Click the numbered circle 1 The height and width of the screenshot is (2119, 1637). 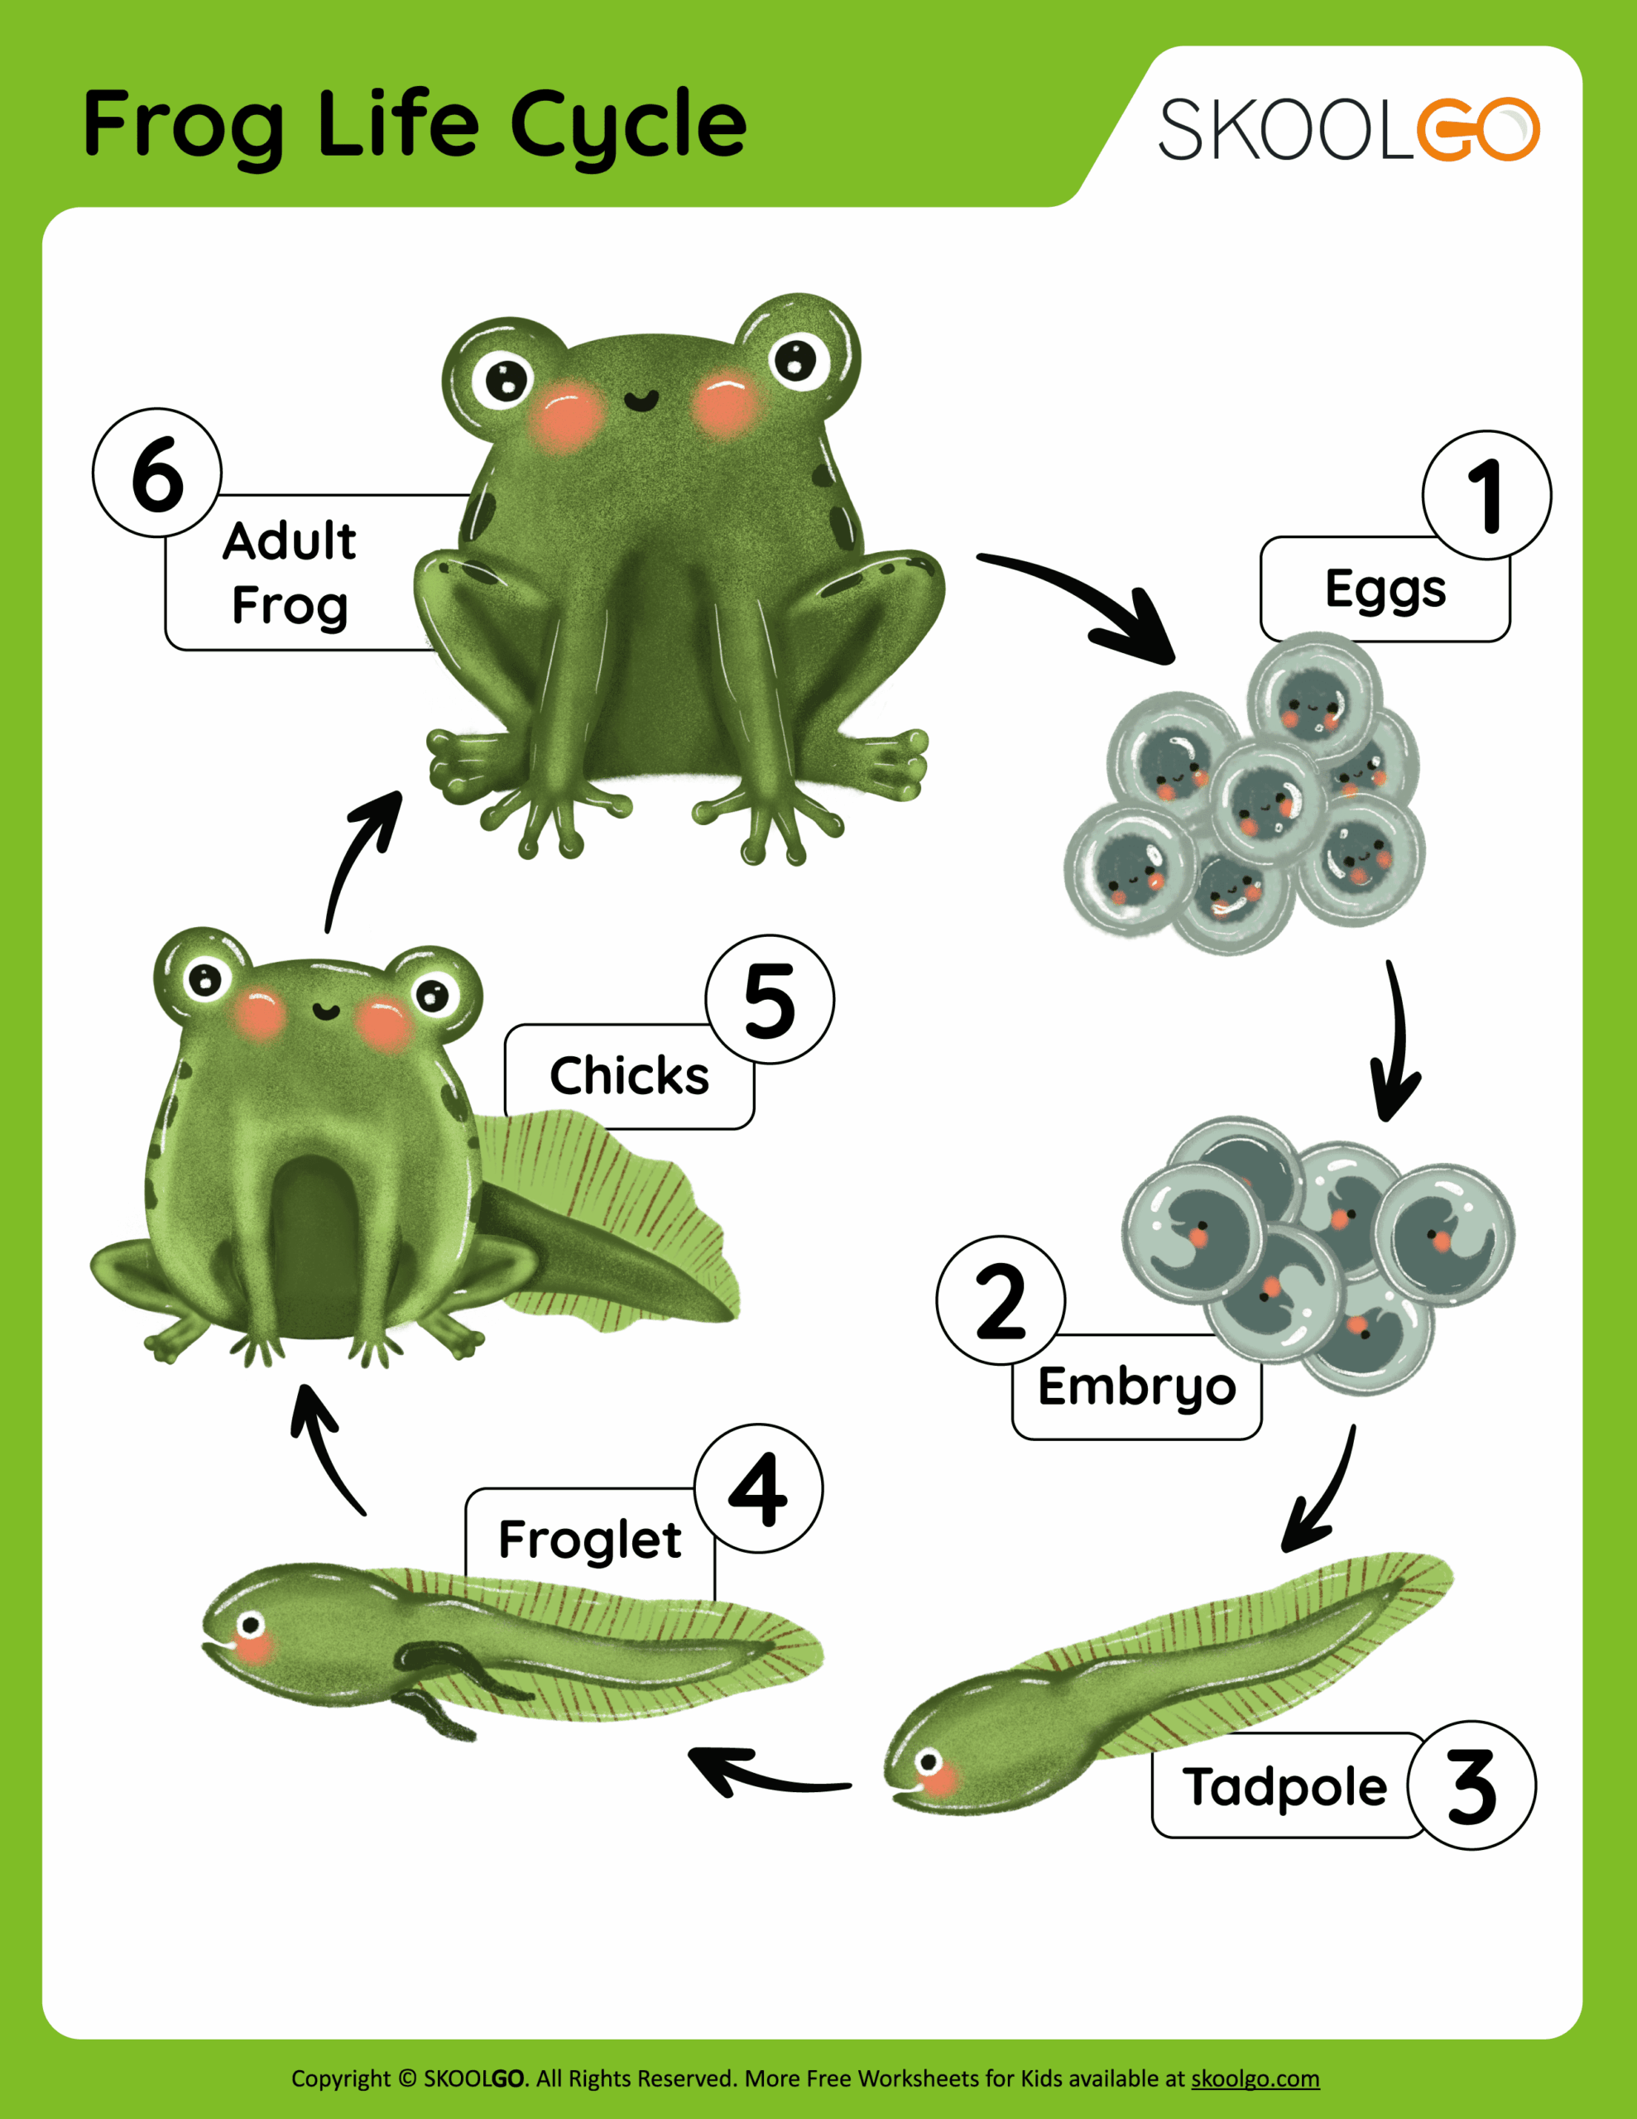[x=1486, y=495]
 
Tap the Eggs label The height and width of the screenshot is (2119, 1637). [x=1385, y=589]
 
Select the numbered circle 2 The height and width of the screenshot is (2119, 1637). [x=1001, y=1300]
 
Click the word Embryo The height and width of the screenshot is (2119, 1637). [x=1136, y=1387]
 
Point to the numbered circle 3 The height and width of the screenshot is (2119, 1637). [x=1471, y=1786]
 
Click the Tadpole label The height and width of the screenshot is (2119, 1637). [x=1284, y=1787]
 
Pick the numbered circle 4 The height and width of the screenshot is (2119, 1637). [x=758, y=1488]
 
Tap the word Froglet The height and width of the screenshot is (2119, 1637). [x=589, y=1540]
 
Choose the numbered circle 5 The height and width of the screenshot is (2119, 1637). [x=770, y=999]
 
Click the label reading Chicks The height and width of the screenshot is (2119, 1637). [x=629, y=1076]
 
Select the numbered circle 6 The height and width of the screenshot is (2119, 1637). [x=157, y=473]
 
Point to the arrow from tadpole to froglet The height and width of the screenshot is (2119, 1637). [x=766, y=1775]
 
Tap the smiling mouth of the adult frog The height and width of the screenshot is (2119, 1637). [x=641, y=400]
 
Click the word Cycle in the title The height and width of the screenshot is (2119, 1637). [x=628, y=126]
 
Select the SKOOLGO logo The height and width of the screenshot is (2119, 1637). [x=1349, y=129]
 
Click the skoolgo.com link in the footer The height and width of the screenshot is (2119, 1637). [x=1255, y=2078]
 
